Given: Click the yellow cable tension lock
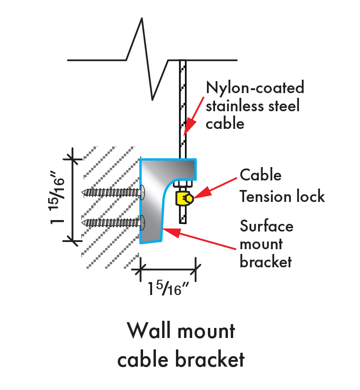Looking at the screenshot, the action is [x=185, y=199].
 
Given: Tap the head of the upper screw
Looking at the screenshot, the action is [x=143, y=192].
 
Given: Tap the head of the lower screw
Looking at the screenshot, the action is [x=143, y=222].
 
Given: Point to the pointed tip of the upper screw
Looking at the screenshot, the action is [x=82, y=192].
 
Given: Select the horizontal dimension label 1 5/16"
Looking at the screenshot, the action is [x=168, y=288].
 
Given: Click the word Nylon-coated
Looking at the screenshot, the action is [x=255, y=87].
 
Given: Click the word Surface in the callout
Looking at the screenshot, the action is [x=267, y=226].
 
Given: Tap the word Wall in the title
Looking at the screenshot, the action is [x=149, y=330].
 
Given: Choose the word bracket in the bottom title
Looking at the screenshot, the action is [x=210, y=359].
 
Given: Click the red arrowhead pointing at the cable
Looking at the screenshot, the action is [x=189, y=126].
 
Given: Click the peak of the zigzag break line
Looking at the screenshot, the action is [x=142, y=18].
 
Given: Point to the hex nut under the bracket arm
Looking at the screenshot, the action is [x=183, y=184].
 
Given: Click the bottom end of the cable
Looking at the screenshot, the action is [x=183, y=223].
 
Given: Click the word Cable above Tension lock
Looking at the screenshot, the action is [x=261, y=175].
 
